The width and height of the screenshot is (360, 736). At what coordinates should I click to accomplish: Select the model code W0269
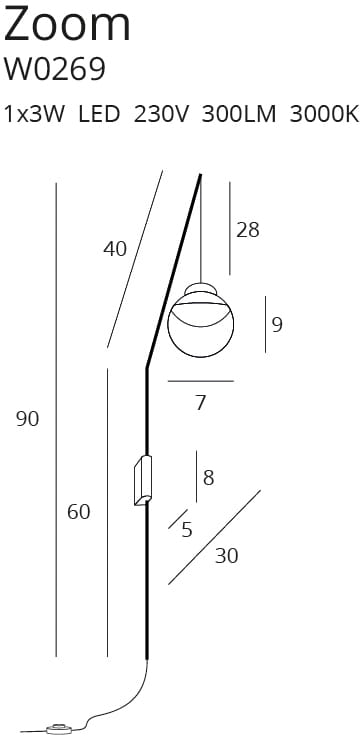tap(54, 69)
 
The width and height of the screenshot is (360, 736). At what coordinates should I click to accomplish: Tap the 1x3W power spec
tap(34, 114)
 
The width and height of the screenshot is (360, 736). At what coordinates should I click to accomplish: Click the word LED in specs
tap(99, 114)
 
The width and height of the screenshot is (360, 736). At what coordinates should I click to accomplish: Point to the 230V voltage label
tap(161, 114)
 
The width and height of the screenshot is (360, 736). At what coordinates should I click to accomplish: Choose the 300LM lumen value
tap(239, 114)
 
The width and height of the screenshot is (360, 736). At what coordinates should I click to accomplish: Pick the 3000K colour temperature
tap(324, 114)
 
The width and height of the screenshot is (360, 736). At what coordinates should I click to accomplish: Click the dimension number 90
tap(28, 419)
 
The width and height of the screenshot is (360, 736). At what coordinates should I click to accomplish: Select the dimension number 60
tap(78, 512)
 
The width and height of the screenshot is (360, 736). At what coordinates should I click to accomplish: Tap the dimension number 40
tap(115, 249)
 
